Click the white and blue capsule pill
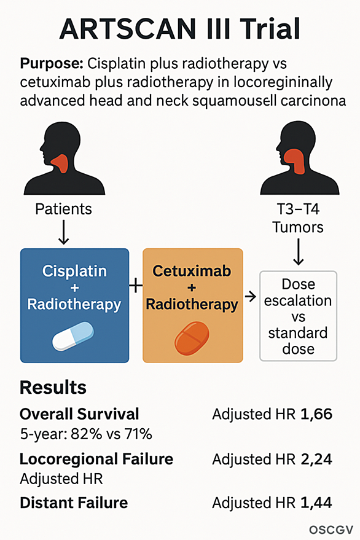(72, 337)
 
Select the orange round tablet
(192, 338)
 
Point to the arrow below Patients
(64, 232)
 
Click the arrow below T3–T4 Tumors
(299, 252)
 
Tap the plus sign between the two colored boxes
(136, 286)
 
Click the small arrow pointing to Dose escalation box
(251, 296)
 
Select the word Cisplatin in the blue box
(74, 272)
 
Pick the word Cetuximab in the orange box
(192, 271)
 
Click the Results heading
(53, 388)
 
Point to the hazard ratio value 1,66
(316, 414)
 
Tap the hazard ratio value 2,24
(316, 459)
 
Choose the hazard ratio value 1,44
(316, 503)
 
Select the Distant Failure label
(74, 503)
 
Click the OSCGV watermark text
(331, 530)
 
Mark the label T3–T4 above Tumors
(298, 209)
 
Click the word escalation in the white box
(298, 300)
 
